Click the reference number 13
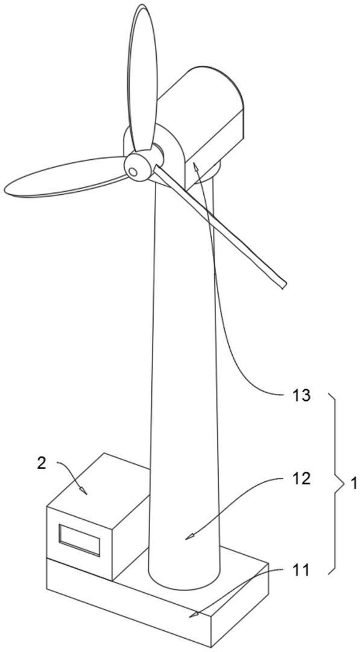[x=301, y=396]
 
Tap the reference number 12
[x=301, y=479]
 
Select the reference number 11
[x=301, y=571]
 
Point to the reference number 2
[x=42, y=463]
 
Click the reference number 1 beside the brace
[x=353, y=484]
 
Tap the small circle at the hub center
[x=133, y=171]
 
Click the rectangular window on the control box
[x=80, y=540]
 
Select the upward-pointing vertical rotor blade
[x=142, y=79]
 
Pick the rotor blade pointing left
[x=66, y=176]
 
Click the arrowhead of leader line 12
[x=189, y=536]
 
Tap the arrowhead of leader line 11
[x=193, y=614]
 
